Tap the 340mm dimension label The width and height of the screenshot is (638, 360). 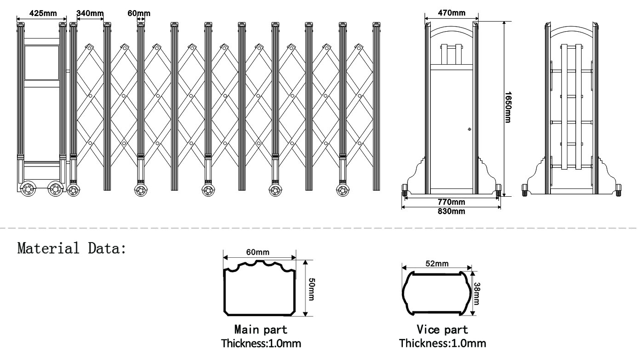[90, 13]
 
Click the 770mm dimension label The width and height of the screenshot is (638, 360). [451, 202]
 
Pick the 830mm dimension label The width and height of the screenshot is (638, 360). [451, 211]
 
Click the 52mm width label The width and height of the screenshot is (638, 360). [436, 263]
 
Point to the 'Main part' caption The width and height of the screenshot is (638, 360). [261, 329]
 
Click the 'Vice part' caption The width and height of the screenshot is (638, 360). [442, 329]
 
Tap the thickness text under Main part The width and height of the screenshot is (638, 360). [261, 343]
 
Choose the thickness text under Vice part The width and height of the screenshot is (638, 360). [442, 343]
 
